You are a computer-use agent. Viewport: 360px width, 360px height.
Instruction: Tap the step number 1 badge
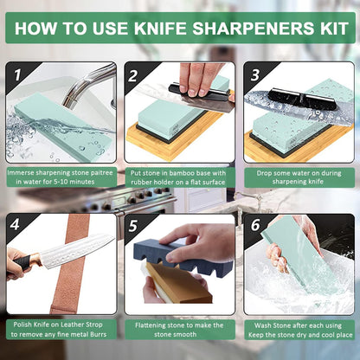pos(18,76)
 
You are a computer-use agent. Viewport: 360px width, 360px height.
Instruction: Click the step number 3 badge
pos(254,76)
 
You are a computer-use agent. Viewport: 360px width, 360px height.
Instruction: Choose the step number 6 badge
pos(254,228)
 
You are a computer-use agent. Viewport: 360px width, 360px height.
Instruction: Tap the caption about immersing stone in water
pos(60,177)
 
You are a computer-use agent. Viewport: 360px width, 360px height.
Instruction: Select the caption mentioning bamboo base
pos(179,177)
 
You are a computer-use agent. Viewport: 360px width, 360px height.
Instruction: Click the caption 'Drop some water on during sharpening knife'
pos(299,177)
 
